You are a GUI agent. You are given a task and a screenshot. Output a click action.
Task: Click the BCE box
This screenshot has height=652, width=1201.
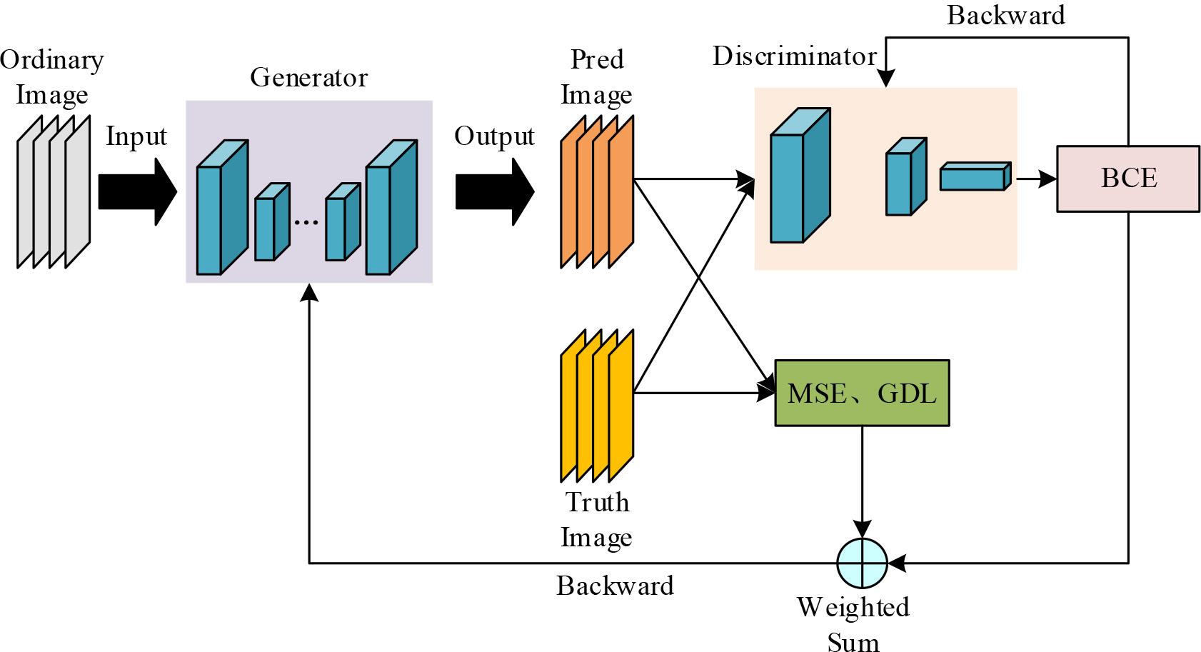point(1127,179)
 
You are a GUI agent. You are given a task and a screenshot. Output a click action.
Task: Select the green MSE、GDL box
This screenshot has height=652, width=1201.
point(862,393)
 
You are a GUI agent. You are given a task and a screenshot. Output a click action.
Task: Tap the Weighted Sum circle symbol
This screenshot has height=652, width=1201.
point(862,563)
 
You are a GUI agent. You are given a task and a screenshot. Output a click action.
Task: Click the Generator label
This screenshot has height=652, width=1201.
point(308,77)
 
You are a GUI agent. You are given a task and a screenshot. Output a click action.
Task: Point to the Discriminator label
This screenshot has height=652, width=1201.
point(794,56)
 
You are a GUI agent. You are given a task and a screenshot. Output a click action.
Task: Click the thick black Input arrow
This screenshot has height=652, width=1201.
point(136,192)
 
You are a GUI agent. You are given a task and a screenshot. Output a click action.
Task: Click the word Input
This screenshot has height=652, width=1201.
point(136,136)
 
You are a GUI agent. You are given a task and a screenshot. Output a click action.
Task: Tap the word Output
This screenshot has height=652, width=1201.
point(494,136)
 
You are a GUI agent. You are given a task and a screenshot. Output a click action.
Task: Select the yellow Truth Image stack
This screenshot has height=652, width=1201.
point(597,406)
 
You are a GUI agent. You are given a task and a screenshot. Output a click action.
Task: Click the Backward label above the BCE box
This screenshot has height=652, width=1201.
point(1005,15)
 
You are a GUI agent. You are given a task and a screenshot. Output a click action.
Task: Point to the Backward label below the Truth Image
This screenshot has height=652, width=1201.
point(615,586)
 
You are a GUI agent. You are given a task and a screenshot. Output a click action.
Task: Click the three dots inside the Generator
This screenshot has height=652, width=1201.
point(306,223)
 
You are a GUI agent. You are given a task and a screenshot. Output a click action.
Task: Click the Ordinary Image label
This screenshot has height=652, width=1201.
point(51,76)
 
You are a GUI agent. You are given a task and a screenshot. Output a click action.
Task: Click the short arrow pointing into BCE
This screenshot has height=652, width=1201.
point(1035,179)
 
